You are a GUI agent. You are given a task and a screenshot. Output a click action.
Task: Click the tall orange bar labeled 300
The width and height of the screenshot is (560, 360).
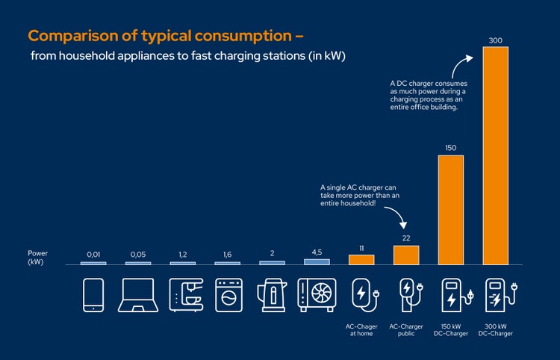tap(496, 155)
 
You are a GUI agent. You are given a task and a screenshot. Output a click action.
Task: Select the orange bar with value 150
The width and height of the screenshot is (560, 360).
tap(451, 210)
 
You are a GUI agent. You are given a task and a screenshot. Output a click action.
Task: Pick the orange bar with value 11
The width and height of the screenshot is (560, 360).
tap(361, 260)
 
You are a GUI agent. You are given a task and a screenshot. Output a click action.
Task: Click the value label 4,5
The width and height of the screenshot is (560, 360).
tap(317, 253)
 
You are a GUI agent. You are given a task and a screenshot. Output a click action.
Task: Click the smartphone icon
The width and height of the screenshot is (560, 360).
tap(93, 295)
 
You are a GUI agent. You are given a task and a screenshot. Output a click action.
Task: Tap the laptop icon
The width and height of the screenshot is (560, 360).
tap(138, 296)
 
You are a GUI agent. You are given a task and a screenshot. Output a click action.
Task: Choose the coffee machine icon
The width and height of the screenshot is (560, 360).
tap(183, 295)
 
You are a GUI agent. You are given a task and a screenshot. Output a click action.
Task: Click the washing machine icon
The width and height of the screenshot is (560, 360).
tap(228, 295)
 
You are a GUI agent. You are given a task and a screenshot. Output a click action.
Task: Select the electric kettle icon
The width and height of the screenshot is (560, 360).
tap(272, 295)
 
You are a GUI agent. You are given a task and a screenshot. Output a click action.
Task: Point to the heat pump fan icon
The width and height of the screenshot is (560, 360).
tap(317, 295)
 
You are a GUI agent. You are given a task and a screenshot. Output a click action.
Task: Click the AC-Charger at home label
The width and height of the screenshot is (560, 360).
tap(361, 329)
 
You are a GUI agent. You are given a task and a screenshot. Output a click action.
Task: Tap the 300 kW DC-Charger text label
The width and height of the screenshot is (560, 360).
tap(496, 329)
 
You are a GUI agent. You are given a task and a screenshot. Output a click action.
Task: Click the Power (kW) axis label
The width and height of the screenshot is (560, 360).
tap(37, 258)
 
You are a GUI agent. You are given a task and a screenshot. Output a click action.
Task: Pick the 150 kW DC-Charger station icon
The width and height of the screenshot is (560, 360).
tap(452, 295)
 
